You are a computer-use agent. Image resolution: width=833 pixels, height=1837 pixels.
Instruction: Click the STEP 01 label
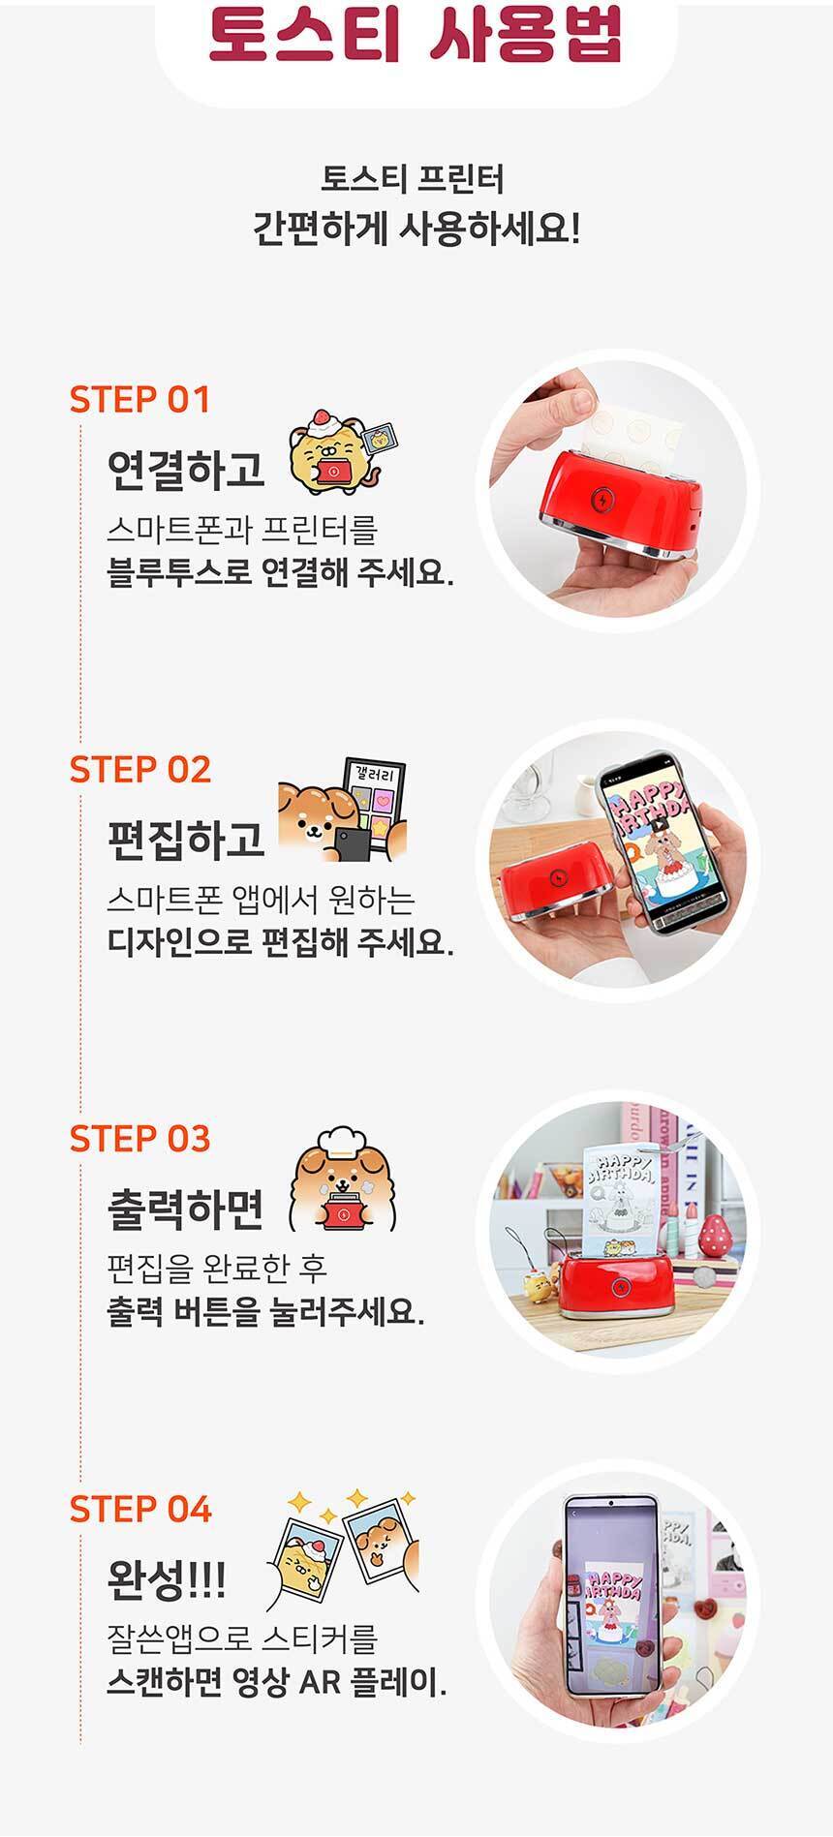pos(139,399)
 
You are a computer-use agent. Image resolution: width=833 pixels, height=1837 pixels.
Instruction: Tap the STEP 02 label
pos(139,769)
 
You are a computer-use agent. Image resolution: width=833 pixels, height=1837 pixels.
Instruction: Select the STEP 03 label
pos(139,1139)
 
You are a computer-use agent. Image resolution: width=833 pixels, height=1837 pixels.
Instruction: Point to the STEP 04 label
pos(139,1509)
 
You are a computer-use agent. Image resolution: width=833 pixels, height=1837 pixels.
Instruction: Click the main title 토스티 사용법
pos(416,36)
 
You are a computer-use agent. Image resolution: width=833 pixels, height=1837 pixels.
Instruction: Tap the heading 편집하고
pos(186,839)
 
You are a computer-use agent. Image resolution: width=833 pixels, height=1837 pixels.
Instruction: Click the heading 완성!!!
pos(166,1578)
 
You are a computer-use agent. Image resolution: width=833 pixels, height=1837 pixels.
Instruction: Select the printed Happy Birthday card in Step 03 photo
pos(623,1200)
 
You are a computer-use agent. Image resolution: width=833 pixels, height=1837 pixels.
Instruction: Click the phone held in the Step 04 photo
pos(613,1599)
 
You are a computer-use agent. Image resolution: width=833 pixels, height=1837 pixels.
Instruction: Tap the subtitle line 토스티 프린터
pos(413,179)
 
